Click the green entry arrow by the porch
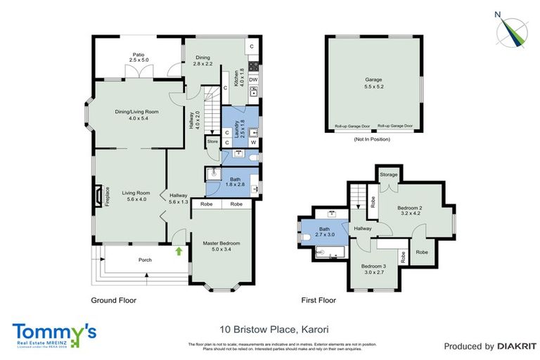(x=179, y=250)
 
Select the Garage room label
(x=373, y=81)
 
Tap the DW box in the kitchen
(x=252, y=80)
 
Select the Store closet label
(x=212, y=141)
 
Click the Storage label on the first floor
(x=389, y=174)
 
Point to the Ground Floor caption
(x=114, y=300)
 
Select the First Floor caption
(x=319, y=300)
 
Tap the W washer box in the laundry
(x=252, y=142)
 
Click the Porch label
(x=145, y=260)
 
